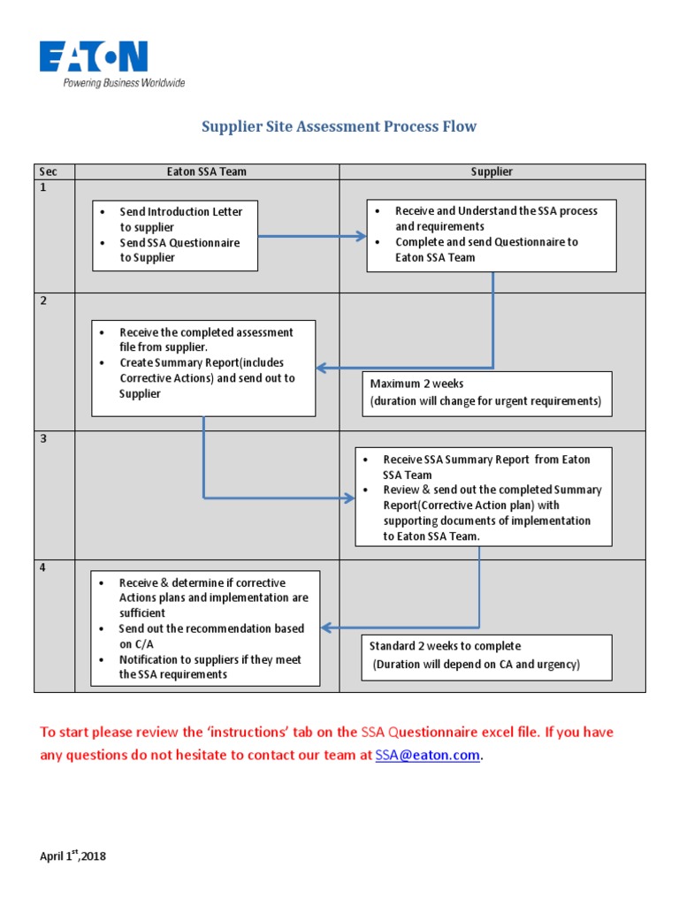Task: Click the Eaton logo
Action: [93, 57]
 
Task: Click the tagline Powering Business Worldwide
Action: [123, 83]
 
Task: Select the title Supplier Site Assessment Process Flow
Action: [339, 126]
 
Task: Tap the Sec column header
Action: [48, 172]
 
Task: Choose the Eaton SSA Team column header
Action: [207, 172]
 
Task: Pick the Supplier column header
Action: [492, 172]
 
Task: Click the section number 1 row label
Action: [42, 188]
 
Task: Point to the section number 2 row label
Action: [42, 301]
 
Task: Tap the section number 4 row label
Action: [42, 567]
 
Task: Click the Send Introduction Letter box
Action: [175, 235]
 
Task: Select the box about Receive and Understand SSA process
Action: [491, 235]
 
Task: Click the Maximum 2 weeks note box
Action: [486, 392]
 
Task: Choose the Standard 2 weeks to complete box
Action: [486, 656]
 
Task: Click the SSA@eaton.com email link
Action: [428, 755]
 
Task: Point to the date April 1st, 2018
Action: [73, 856]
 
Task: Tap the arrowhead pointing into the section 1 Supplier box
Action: [361, 236]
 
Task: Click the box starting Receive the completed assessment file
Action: [203, 368]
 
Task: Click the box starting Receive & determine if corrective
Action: [205, 628]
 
